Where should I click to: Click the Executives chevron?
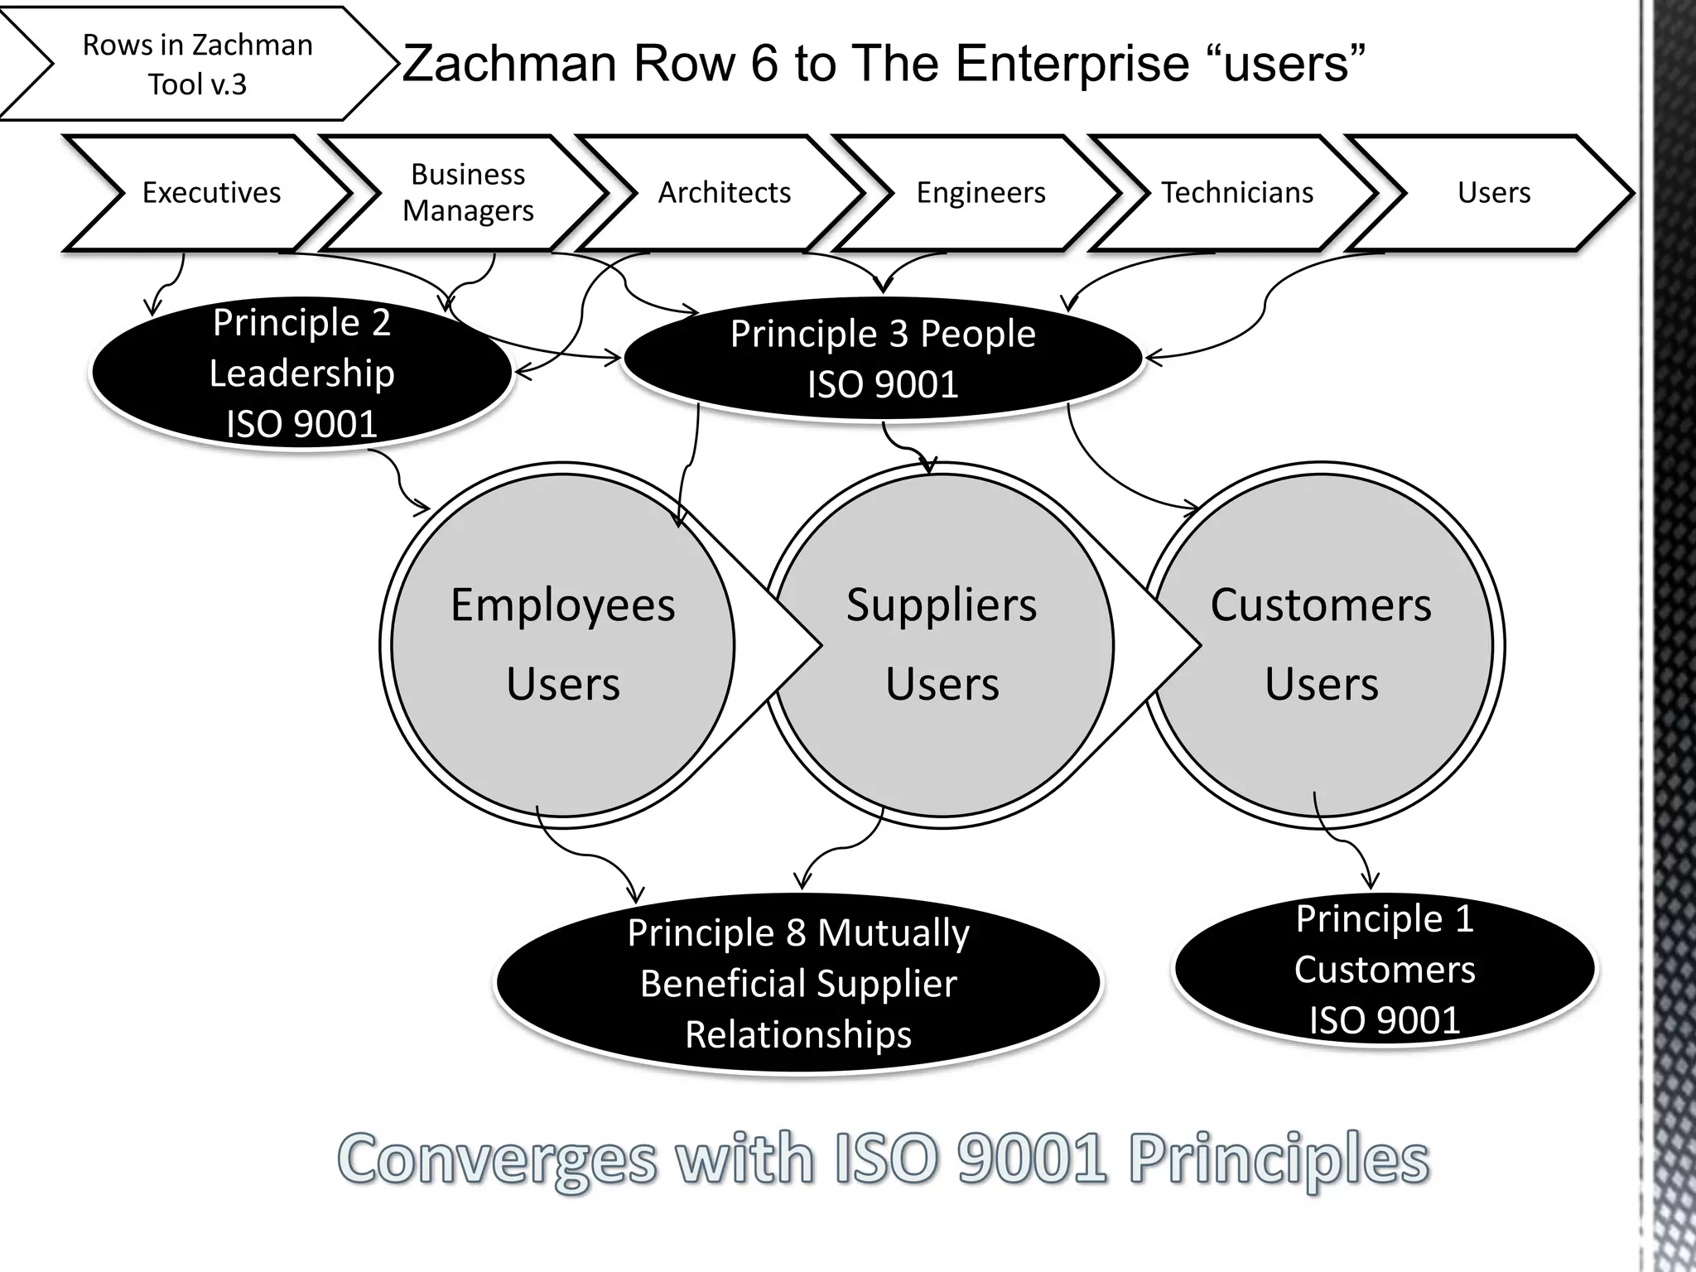click(211, 193)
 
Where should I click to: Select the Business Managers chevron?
click(468, 193)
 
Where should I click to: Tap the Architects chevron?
click(724, 193)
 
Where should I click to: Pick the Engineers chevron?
click(980, 193)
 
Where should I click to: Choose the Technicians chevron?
click(1237, 193)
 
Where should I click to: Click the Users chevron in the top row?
click(1493, 193)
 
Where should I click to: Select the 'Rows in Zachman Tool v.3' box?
click(197, 65)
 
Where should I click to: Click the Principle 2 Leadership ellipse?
click(301, 373)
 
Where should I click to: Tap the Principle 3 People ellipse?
click(883, 359)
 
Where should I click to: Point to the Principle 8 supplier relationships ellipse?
click(798, 983)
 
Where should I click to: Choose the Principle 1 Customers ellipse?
click(1385, 969)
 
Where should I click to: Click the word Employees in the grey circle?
click(562, 605)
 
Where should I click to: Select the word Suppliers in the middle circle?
click(942, 605)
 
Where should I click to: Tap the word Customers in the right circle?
click(1321, 605)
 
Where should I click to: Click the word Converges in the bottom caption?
click(497, 1159)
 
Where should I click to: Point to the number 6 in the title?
click(765, 64)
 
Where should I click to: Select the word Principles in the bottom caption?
click(1279, 1159)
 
